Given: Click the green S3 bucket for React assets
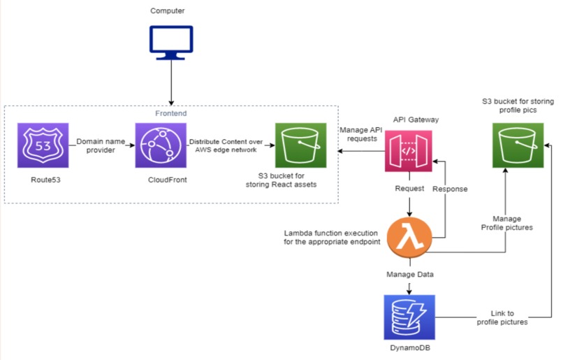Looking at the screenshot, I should coord(300,147).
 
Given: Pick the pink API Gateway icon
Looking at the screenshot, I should coord(409,151).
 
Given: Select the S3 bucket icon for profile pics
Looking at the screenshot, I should coord(518,147).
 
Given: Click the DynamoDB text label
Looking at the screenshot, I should coord(409,350).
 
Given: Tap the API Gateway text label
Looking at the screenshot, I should coord(409,120).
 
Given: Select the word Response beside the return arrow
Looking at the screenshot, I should coord(451,189).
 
